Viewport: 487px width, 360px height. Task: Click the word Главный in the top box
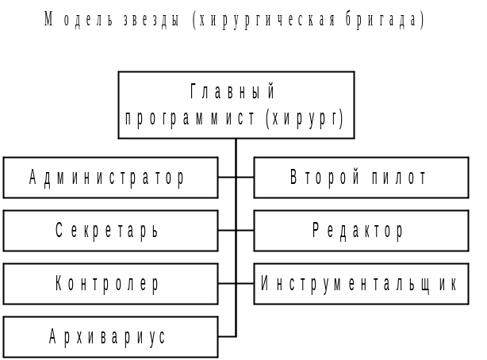[x=236, y=92]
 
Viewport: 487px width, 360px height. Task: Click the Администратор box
[x=110, y=178]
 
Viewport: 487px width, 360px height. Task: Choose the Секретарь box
[x=110, y=231]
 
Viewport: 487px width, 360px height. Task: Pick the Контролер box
[x=110, y=284]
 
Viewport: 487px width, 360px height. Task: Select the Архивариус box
[x=110, y=337]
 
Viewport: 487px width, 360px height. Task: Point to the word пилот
[x=400, y=178]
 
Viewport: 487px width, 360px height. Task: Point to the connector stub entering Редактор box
[x=245, y=231]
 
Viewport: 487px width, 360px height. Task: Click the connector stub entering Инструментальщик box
[x=245, y=284]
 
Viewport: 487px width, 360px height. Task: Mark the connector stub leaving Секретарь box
[x=227, y=231]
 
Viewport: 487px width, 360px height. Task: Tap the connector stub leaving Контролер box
[x=227, y=284]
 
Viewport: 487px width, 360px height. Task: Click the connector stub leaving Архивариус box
[x=227, y=337]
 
